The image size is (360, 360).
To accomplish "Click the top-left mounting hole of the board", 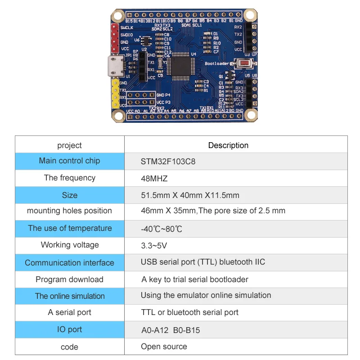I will coord(118,16).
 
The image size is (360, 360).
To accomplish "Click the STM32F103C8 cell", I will coord(168,161).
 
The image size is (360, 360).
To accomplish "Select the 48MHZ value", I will coord(154,178).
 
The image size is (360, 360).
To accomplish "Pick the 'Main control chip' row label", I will coord(70,161).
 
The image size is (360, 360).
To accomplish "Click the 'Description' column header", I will coord(228,145).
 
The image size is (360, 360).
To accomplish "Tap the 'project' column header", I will coord(70,145).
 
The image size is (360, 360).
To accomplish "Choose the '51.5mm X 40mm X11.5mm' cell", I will coord(190,195).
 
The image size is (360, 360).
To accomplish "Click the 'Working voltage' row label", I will coord(70,245).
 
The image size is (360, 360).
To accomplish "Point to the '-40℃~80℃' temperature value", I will coord(162,229).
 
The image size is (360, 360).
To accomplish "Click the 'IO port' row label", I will coord(70,329).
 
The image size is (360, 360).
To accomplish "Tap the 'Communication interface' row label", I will coord(70,263).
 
